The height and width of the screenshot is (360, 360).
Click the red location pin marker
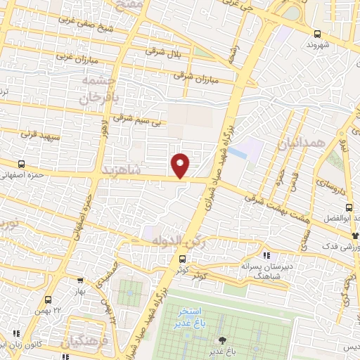coord(181,165)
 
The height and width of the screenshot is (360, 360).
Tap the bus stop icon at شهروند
coord(317,33)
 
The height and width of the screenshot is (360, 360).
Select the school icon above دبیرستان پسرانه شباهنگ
coord(265,255)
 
